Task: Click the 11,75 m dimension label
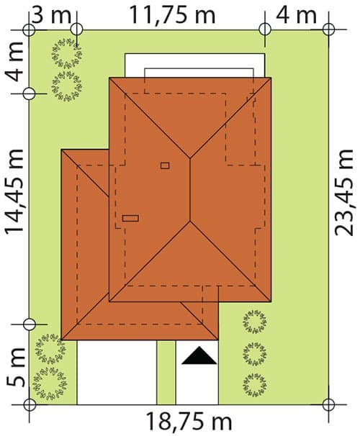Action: (173, 14)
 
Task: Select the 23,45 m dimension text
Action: (344, 192)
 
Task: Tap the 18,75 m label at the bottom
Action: (189, 422)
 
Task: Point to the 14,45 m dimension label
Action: (15, 192)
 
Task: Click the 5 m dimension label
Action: (16, 368)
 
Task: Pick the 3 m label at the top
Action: (51, 14)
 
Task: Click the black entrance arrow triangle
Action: (199, 355)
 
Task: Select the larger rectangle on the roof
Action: (130, 218)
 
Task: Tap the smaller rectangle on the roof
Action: (165, 165)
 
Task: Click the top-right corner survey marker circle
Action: (329, 29)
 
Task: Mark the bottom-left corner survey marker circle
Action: (30, 404)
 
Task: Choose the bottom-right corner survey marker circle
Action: (329, 404)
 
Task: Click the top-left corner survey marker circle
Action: (29, 29)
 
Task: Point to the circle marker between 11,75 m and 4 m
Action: (265, 29)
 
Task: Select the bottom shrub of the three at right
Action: (255, 385)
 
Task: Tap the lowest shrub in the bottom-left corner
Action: (50, 383)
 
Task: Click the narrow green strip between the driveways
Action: (166, 372)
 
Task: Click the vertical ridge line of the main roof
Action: (190, 190)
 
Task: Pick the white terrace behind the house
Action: (194, 65)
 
